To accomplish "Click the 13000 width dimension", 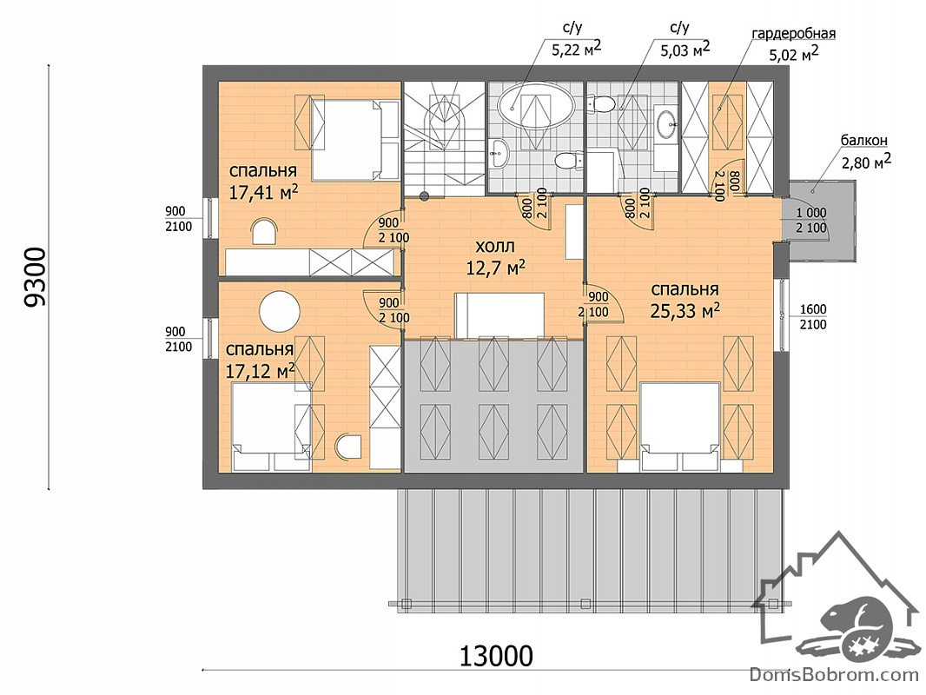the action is (496, 655).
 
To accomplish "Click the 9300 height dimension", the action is (35, 277).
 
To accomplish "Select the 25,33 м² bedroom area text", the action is (685, 311).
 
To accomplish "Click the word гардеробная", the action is (793, 33).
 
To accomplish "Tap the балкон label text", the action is (864, 141).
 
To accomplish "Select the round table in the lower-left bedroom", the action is (281, 311).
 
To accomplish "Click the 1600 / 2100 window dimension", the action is (812, 317).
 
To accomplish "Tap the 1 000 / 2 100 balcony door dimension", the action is (810, 220).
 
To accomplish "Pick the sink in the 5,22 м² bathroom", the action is (499, 154).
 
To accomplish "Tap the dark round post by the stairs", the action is (423, 195).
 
